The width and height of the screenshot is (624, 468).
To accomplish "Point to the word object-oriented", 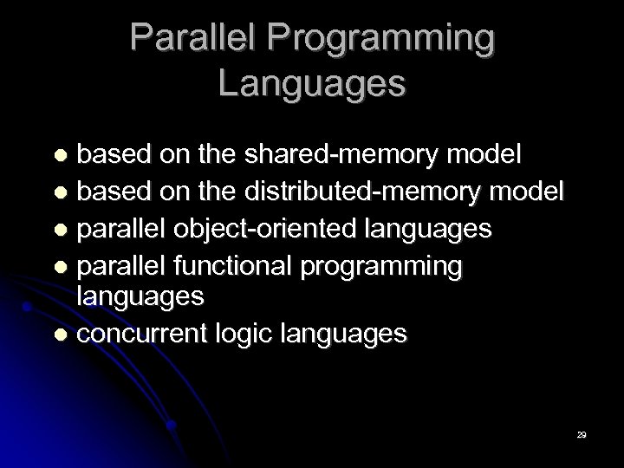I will [x=275, y=229].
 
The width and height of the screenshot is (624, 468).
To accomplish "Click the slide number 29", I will [x=582, y=434].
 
